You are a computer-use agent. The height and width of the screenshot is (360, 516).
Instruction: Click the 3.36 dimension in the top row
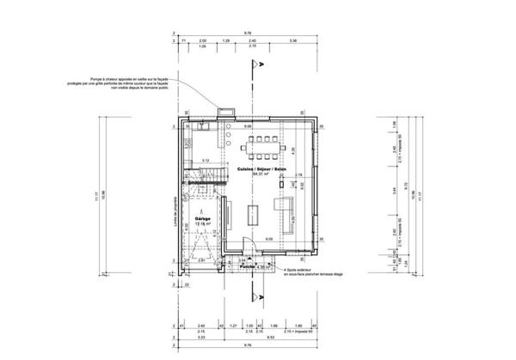(x=292, y=41)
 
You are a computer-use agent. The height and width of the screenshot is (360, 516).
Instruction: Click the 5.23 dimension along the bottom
(x=200, y=339)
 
